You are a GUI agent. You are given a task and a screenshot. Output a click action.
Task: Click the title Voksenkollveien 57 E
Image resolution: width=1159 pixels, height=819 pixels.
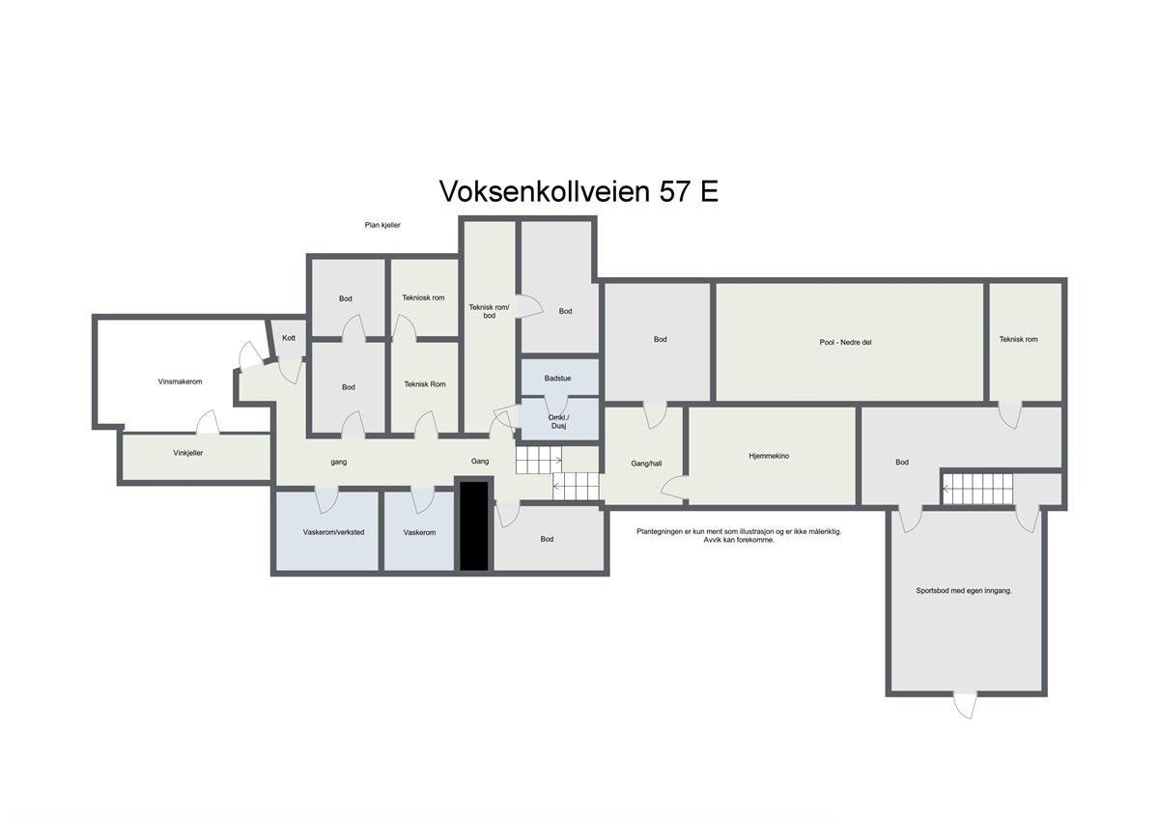click(x=579, y=191)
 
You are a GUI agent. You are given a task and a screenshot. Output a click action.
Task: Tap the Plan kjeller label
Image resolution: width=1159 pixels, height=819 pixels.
click(x=382, y=225)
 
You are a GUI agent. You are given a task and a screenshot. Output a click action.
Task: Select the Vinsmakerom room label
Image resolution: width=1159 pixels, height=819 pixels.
click(x=180, y=381)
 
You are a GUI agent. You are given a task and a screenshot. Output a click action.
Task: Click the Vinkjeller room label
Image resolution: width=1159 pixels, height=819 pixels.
click(x=188, y=452)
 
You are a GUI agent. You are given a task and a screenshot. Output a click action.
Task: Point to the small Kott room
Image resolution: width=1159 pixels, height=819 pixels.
click(x=289, y=338)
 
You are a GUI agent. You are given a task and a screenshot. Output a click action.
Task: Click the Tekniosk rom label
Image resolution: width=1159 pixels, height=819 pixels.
click(x=423, y=297)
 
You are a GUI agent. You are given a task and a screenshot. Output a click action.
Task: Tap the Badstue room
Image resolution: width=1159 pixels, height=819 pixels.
click(x=557, y=378)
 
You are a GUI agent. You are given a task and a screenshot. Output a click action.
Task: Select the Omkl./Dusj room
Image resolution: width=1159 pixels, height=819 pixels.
click(x=557, y=421)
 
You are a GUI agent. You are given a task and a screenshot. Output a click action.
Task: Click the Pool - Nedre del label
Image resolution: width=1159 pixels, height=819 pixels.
click(x=846, y=342)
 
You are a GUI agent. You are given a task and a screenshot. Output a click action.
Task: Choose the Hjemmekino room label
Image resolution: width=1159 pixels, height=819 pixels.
click(x=769, y=456)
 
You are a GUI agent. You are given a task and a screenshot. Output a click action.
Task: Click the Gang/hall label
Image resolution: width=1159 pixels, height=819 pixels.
click(x=646, y=464)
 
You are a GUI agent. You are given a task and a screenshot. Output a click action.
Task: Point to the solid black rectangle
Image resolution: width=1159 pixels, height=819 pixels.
click(x=473, y=525)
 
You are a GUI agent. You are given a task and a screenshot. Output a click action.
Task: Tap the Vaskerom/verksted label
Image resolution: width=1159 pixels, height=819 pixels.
click(x=333, y=532)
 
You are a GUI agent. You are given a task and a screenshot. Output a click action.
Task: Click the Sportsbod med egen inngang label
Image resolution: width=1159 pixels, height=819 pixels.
click(x=964, y=590)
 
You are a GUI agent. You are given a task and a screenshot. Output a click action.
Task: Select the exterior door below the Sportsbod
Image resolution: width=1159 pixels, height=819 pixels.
click(x=965, y=704)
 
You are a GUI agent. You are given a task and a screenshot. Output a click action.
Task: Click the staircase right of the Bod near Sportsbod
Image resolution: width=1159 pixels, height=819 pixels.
click(x=977, y=488)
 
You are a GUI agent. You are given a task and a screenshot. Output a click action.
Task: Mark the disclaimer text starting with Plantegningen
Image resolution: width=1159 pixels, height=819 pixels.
click(x=738, y=535)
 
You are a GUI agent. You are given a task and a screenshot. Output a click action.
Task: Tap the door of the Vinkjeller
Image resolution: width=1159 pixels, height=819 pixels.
click(x=207, y=424)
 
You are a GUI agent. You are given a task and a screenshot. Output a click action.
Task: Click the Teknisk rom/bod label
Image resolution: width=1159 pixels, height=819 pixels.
click(x=489, y=311)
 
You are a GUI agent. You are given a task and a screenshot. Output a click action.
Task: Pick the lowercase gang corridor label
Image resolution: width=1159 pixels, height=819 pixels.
click(x=338, y=462)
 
